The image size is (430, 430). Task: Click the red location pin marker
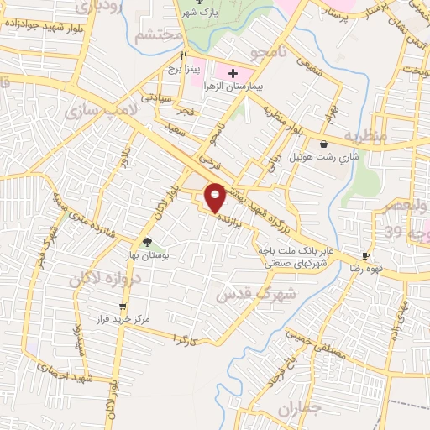pyautogui.click(x=216, y=197)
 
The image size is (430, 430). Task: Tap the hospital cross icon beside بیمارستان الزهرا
pyautogui.click(x=221, y=72)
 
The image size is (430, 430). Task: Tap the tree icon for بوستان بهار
pyautogui.click(x=147, y=243)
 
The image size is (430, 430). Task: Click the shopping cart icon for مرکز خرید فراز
pyautogui.click(x=123, y=307)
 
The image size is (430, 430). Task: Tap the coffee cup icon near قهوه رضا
pyautogui.click(x=365, y=255)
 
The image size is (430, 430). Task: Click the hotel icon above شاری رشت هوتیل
pyautogui.click(x=323, y=144)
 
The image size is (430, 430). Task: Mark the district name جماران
pyautogui.click(x=299, y=410)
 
